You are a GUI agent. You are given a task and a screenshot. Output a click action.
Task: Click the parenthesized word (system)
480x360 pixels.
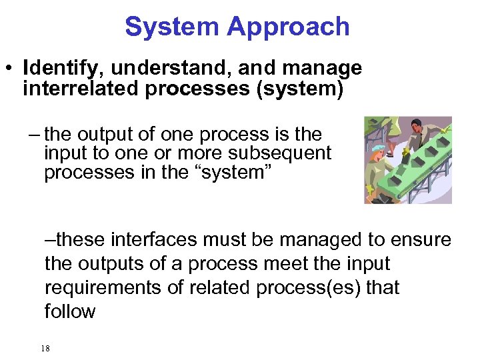point(299,89)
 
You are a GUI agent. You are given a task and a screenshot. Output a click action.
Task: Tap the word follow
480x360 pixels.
point(70,311)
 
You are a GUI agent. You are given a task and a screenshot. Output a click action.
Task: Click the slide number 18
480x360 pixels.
point(45,348)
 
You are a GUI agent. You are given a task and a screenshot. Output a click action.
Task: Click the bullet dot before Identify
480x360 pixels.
point(9,69)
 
